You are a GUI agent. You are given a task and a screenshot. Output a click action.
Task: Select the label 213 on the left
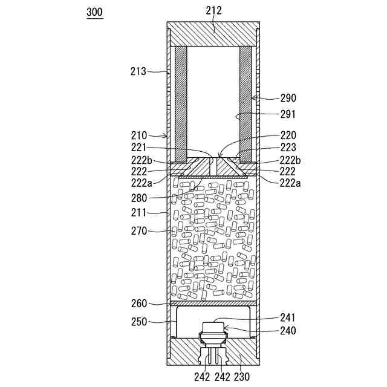point(138,71)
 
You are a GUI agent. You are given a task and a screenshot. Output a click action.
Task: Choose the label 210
point(138,135)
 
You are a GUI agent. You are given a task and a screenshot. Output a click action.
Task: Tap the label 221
point(138,147)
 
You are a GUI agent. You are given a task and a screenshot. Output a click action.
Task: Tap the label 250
point(138,322)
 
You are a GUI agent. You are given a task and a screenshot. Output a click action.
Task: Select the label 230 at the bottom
point(241,377)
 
